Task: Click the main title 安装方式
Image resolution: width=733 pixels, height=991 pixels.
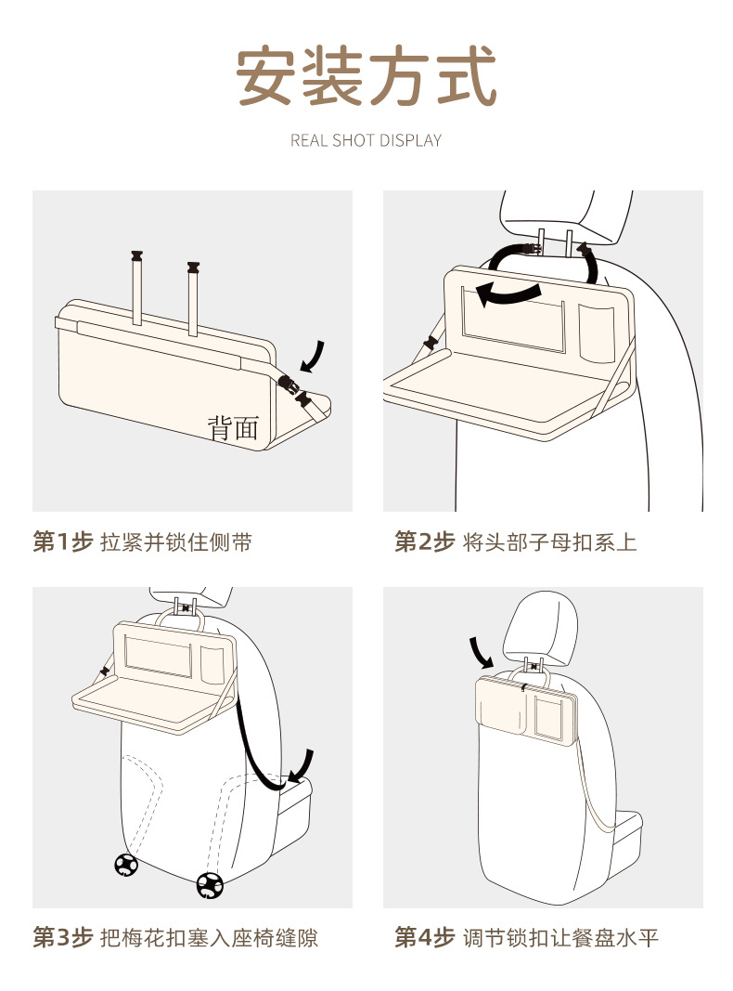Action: (366, 77)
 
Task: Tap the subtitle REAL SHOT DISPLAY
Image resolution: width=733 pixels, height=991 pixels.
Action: (366, 140)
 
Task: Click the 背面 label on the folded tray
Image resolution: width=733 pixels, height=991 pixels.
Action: (232, 427)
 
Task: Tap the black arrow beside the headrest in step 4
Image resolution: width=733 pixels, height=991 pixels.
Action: (483, 652)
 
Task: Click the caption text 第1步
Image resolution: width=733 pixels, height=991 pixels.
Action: (63, 542)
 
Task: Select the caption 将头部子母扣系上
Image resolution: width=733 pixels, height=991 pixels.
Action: (549, 542)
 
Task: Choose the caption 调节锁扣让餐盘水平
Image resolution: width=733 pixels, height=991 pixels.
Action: (560, 938)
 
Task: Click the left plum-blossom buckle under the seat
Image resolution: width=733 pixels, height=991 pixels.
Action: (126, 865)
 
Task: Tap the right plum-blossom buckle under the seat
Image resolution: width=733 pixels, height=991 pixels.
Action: (210, 885)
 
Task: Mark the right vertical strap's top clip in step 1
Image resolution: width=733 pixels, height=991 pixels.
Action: (193, 268)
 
